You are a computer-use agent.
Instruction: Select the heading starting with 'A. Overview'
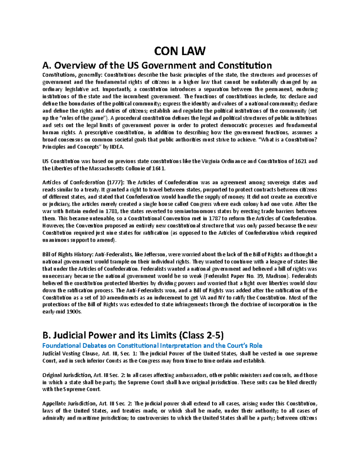pos(157,65)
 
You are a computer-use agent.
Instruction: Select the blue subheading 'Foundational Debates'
pos(152,345)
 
